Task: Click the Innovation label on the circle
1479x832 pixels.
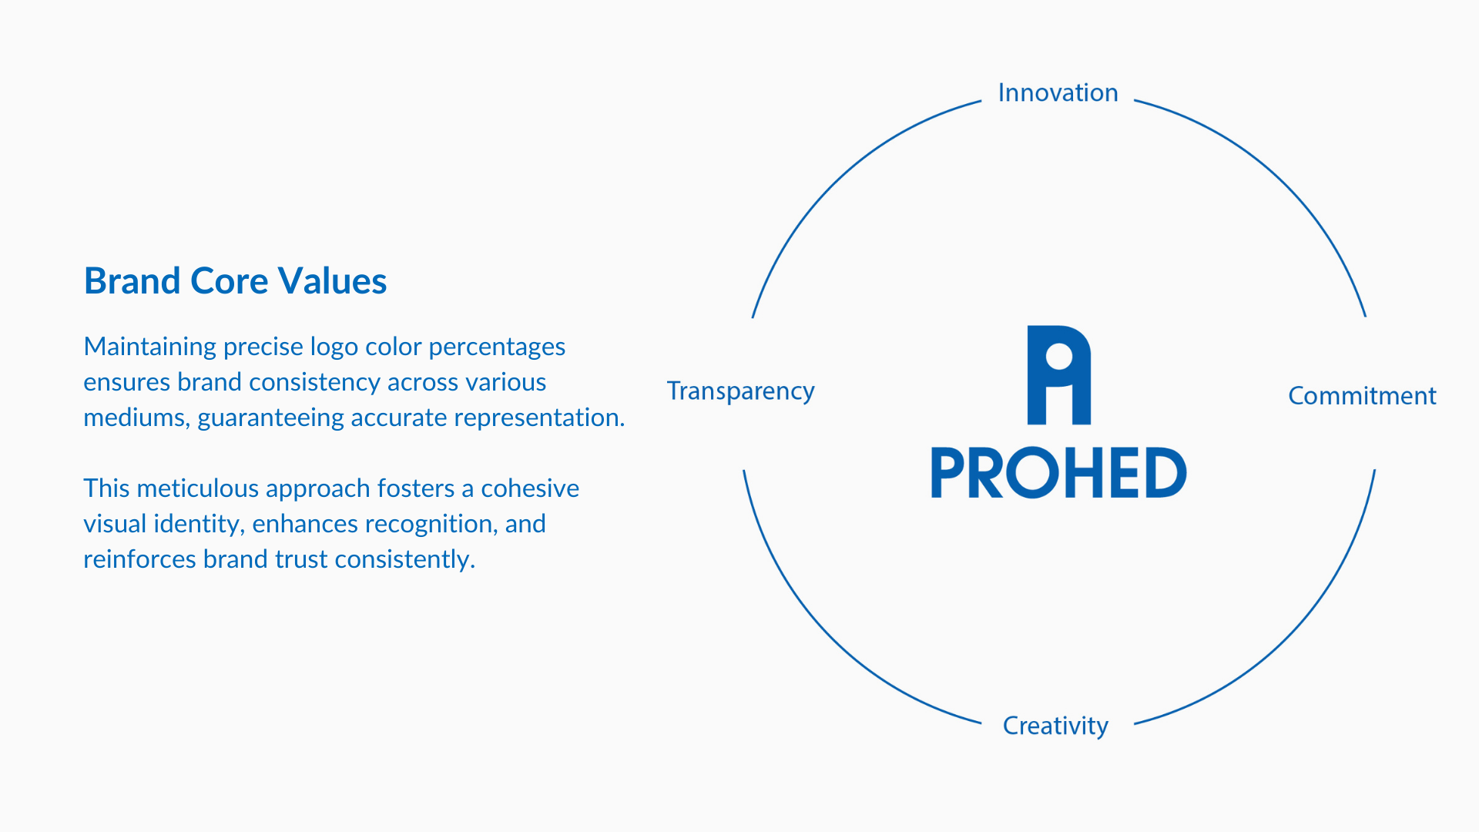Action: pos(1058,92)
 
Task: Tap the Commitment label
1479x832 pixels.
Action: pos(1362,395)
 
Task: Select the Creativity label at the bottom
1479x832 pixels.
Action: pos(1055,726)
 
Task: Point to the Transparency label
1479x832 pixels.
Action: pos(740,391)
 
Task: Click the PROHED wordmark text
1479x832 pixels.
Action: pos(1059,472)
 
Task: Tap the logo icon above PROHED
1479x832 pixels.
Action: pos(1059,375)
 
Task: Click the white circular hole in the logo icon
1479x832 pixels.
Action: pos(1059,357)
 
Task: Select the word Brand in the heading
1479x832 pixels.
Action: pos(132,280)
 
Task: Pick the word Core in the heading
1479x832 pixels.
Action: pos(229,280)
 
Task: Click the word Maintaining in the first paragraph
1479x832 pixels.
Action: pos(150,347)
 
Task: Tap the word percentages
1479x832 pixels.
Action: pos(497,347)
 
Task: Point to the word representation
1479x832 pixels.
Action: pos(539,418)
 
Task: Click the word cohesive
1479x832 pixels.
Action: pos(530,488)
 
